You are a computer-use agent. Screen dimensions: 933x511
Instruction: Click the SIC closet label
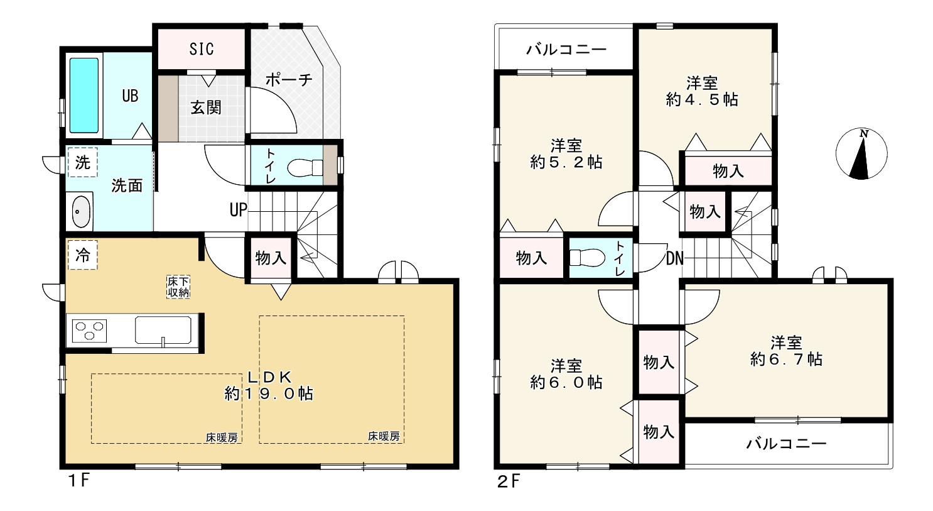click(202, 49)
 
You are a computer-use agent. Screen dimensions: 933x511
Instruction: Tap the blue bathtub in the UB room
click(84, 96)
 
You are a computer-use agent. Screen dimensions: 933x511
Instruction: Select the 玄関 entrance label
click(206, 108)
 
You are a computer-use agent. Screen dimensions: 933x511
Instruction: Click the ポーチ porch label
click(289, 79)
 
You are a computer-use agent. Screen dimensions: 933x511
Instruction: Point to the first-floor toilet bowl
click(305, 168)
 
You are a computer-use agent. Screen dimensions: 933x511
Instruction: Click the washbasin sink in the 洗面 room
click(81, 211)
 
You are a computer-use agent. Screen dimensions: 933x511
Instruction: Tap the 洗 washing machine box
click(82, 162)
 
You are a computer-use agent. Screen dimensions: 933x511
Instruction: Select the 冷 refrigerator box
click(82, 255)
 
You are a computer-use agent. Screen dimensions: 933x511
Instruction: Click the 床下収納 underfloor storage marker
click(178, 287)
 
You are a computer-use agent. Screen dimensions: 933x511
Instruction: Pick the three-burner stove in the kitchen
click(90, 331)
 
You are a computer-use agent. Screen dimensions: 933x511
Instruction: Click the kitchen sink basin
click(163, 330)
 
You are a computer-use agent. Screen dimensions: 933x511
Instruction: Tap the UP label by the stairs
click(238, 210)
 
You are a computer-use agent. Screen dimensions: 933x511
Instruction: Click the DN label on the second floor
click(675, 259)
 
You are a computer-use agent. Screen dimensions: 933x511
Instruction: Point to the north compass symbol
click(861, 154)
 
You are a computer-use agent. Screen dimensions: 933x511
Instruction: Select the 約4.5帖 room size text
click(702, 99)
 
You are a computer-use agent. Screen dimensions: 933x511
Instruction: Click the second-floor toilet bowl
click(587, 257)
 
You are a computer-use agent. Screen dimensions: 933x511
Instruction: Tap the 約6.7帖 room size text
click(786, 359)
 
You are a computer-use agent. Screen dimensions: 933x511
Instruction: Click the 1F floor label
click(78, 481)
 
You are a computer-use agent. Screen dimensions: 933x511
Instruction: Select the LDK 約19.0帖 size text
click(269, 385)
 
